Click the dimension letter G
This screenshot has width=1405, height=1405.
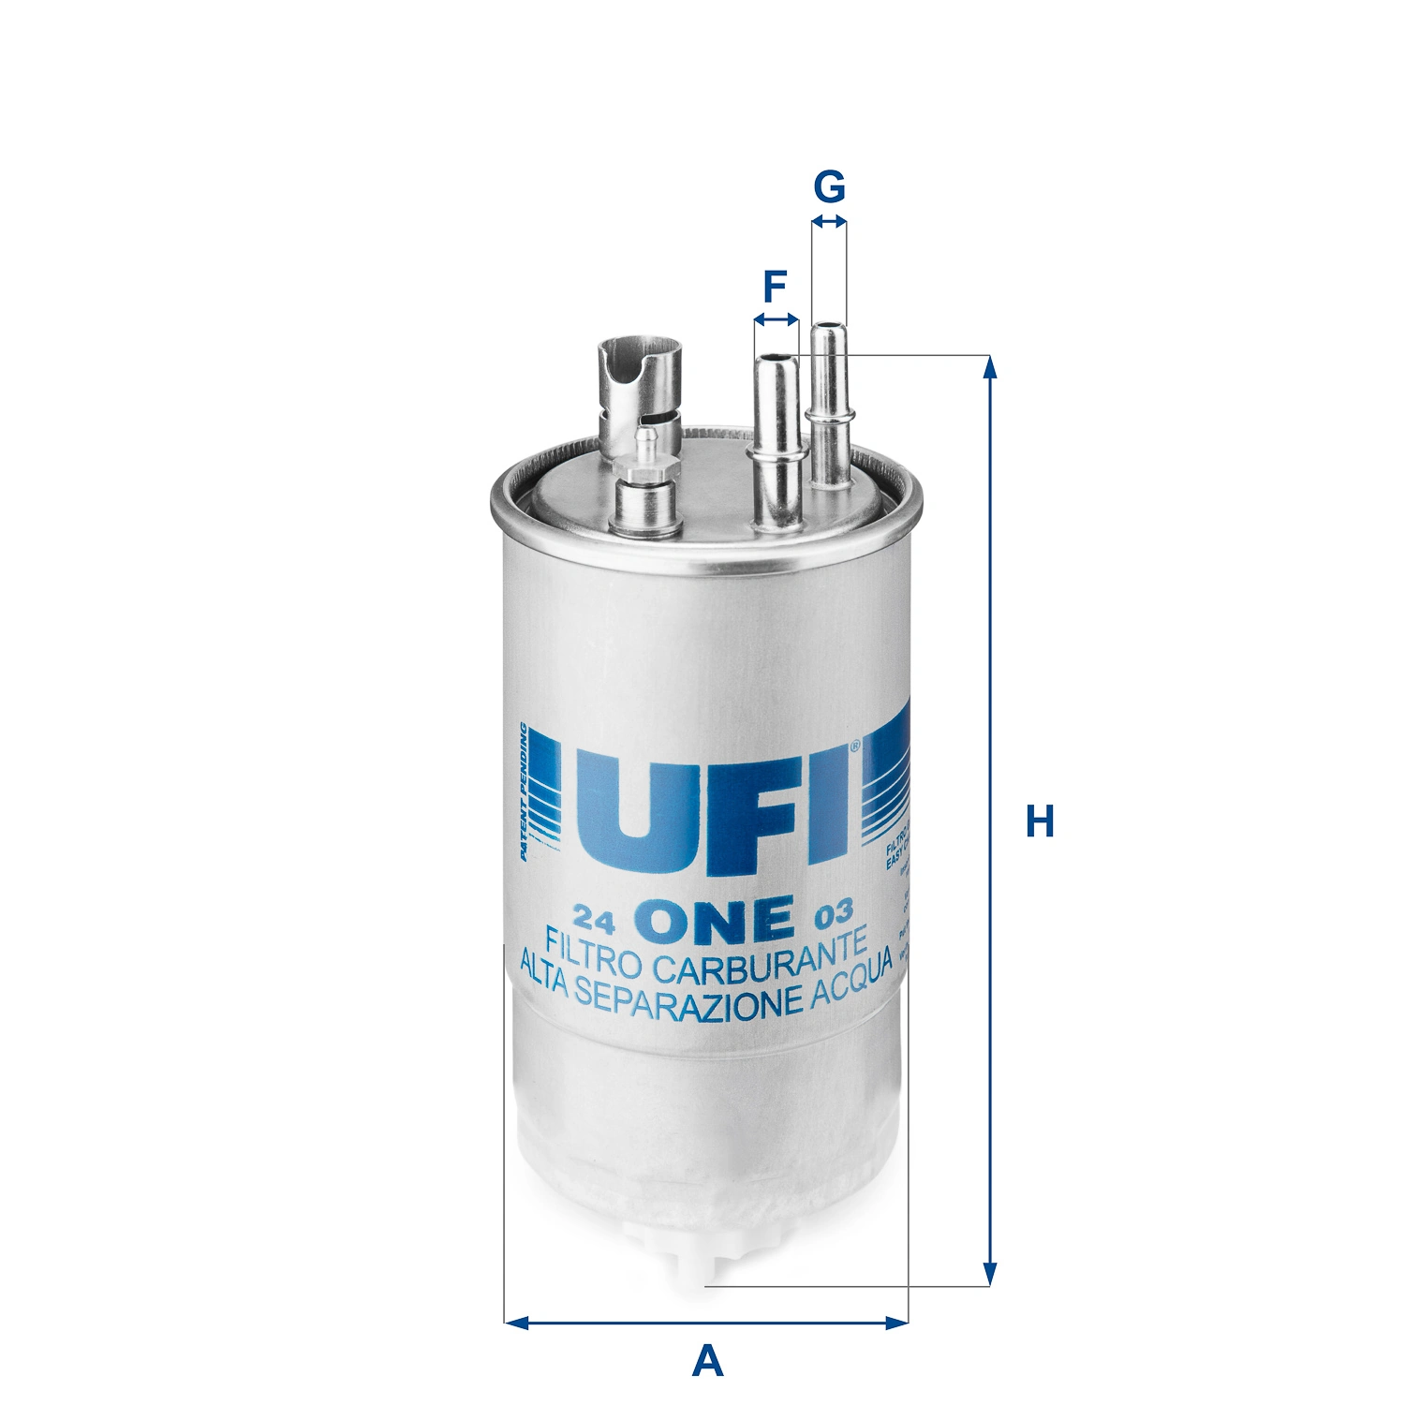(829, 186)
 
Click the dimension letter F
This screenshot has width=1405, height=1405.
(775, 286)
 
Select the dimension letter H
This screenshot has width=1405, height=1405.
(1040, 821)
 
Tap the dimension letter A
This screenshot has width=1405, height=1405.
(707, 1359)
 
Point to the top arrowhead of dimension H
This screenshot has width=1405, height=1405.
(989, 367)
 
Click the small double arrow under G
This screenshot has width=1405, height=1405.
(829, 222)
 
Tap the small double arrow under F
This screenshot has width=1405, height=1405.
(776, 320)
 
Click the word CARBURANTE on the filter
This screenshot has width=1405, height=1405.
(759, 955)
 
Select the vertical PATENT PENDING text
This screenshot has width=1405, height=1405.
(525, 791)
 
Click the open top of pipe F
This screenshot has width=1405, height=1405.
(776, 358)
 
